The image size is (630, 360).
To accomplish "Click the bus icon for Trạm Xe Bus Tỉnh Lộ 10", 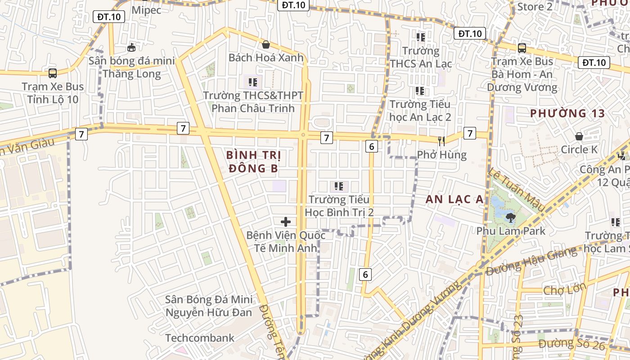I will (53, 73).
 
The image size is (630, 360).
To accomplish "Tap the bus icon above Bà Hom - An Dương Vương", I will (522, 48).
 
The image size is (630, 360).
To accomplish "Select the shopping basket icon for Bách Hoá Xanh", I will (266, 45).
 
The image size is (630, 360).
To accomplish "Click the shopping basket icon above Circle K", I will (579, 136).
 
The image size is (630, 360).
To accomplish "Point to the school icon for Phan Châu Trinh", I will (252, 82).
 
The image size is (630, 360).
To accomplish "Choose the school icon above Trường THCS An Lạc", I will (420, 37).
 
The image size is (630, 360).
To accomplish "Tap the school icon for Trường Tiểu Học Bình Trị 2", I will (339, 186).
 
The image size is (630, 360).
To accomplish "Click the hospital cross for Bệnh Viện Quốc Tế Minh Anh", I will (285, 222).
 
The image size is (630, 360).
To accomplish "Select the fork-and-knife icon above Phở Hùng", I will (441, 141).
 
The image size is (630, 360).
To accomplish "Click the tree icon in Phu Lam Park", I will (510, 218).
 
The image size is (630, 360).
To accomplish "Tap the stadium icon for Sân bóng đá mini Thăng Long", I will (131, 47).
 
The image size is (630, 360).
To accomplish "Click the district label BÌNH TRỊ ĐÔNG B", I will (253, 162).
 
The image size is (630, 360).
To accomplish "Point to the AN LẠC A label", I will (454, 199).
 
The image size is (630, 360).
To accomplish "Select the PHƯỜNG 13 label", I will (568, 113).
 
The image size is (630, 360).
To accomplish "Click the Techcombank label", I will (200, 338).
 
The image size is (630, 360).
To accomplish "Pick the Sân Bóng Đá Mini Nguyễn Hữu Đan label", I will (209, 306).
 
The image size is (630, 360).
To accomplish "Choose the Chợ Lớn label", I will (565, 289).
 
